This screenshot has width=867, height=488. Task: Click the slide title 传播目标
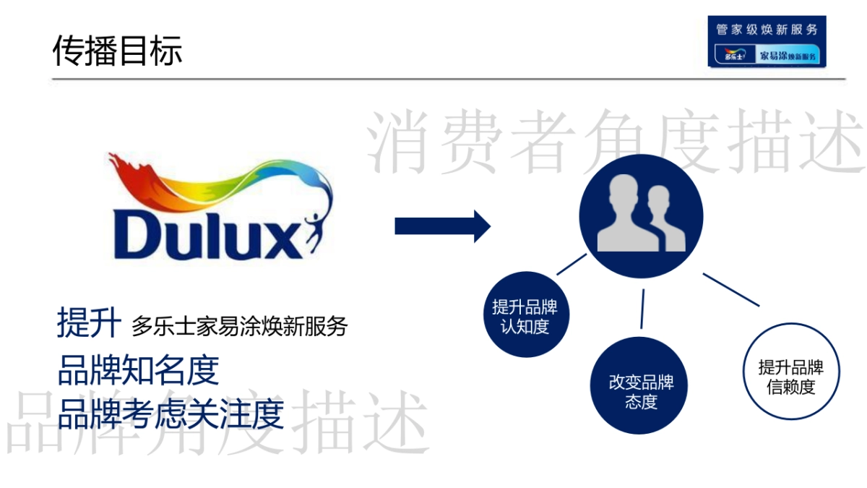[x=118, y=51]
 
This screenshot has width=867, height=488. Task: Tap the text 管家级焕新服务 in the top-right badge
[x=767, y=30]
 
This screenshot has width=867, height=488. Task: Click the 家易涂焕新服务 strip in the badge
[x=787, y=56]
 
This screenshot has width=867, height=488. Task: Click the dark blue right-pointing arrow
[x=442, y=226]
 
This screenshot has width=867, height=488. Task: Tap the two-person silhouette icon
[x=642, y=215]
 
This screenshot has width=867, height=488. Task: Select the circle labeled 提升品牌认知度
[x=525, y=316]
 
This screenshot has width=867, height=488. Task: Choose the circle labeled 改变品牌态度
[x=641, y=391]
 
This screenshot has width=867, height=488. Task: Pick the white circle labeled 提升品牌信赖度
[x=790, y=377]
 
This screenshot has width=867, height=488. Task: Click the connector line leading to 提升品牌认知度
[x=571, y=265]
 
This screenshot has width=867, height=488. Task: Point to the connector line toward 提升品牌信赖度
[x=731, y=289]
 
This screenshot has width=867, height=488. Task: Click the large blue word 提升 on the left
[x=88, y=323]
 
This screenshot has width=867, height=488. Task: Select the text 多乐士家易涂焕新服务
[x=239, y=327]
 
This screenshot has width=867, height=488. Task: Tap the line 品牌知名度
[x=138, y=370]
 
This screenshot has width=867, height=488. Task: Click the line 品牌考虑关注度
[x=171, y=414]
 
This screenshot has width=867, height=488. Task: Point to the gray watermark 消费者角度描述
[x=618, y=142]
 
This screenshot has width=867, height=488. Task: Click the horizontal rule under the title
[x=448, y=78]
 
